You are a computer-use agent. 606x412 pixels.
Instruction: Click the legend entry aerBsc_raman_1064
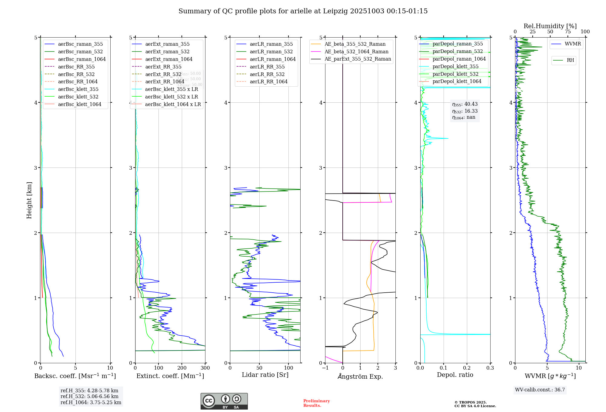82,59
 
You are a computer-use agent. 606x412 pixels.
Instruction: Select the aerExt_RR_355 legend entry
163,67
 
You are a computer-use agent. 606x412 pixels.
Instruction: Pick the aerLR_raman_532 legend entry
271,51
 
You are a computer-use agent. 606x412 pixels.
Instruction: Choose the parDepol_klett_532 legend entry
455,74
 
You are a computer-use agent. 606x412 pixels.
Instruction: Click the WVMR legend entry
573,44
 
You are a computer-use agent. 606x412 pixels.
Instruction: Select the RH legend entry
570,60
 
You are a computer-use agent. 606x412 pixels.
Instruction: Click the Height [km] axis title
29,200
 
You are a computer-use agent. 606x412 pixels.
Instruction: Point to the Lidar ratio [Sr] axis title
265,375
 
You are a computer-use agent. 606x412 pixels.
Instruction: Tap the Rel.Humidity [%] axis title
550,26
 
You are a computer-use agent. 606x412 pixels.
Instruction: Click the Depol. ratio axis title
455,375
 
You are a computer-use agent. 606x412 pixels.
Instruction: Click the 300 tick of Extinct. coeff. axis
205,368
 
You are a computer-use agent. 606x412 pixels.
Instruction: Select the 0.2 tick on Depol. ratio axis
467,368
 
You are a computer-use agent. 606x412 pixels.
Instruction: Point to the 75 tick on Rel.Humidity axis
568,32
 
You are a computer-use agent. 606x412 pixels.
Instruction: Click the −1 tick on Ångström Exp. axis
325,368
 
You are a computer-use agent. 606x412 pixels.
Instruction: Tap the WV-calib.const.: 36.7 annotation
540,390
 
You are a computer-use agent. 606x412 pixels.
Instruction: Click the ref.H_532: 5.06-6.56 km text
89,397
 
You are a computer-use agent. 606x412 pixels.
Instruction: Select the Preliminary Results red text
316,403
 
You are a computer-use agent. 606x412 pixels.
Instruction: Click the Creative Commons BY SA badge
224,401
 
